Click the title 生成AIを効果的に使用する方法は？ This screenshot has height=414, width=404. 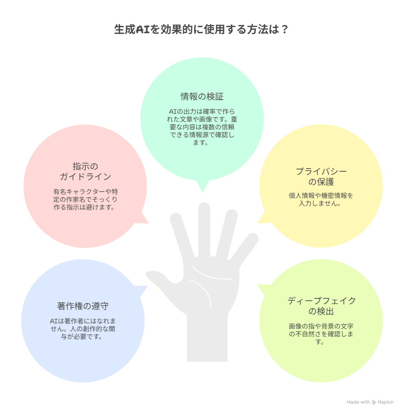coord(201,29)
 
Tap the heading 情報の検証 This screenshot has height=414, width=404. coord(202,97)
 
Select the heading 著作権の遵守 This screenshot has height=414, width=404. coord(83,306)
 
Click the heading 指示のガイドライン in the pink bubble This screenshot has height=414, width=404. coord(85,171)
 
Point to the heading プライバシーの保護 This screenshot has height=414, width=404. coord(321,177)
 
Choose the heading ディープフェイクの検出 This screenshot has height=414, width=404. coord(321,306)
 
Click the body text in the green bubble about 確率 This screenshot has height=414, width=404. coord(202,127)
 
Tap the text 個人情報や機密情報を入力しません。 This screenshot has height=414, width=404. coord(321,200)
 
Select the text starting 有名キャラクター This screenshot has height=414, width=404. coord(85,199)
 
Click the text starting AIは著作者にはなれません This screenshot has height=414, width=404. coord(83,329)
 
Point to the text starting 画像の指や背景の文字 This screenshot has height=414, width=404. coord(321,334)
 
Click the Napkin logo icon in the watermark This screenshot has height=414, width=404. coord(374,402)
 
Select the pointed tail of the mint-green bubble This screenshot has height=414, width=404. coord(203,187)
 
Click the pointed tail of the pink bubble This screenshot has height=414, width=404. coord(143,219)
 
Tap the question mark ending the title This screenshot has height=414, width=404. coord(284,29)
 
